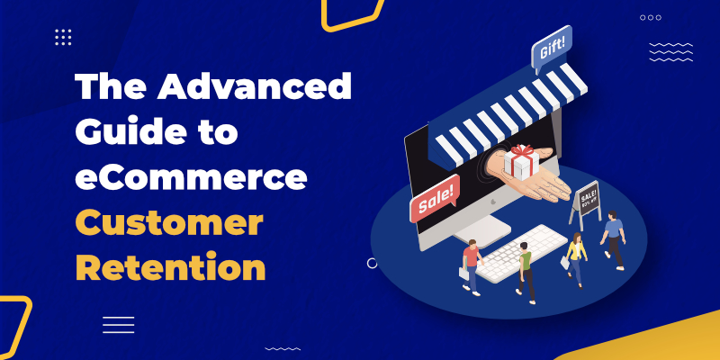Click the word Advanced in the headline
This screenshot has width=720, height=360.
(x=254, y=86)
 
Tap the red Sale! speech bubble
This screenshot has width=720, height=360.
(x=435, y=198)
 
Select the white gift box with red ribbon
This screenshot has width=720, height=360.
(x=521, y=162)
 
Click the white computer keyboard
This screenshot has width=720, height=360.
(x=521, y=253)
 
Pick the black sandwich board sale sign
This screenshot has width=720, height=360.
(x=586, y=204)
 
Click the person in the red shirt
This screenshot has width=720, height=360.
(x=471, y=266)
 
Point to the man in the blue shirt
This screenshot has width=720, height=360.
(x=613, y=239)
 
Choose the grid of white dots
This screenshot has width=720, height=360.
(x=63, y=37)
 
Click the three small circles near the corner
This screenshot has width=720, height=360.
(x=651, y=17)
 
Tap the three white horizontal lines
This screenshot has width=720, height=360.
(x=119, y=325)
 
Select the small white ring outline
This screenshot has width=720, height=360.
(x=373, y=263)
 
